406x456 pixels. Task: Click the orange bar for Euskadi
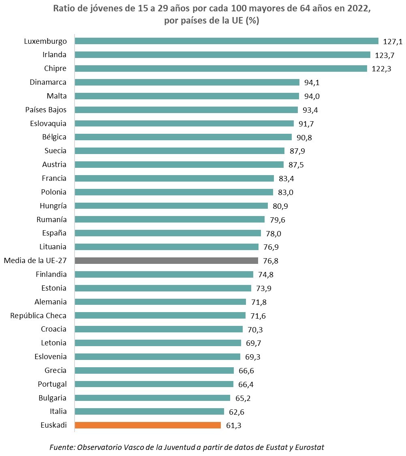(148, 425)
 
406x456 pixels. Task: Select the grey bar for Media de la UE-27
(167, 261)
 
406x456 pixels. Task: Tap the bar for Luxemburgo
(227, 41)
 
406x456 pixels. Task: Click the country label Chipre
(56, 69)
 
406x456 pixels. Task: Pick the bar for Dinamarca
(187, 82)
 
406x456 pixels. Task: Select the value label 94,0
(312, 96)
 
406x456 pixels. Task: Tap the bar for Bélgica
(183, 137)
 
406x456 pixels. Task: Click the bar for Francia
(175, 178)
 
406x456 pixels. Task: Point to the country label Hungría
(53, 206)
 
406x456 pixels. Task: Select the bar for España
(168, 233)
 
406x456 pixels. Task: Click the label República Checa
(38, 315)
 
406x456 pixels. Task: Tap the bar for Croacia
(159, 329)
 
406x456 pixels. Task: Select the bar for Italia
(150, 411)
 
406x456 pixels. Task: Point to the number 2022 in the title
(359, 10)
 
